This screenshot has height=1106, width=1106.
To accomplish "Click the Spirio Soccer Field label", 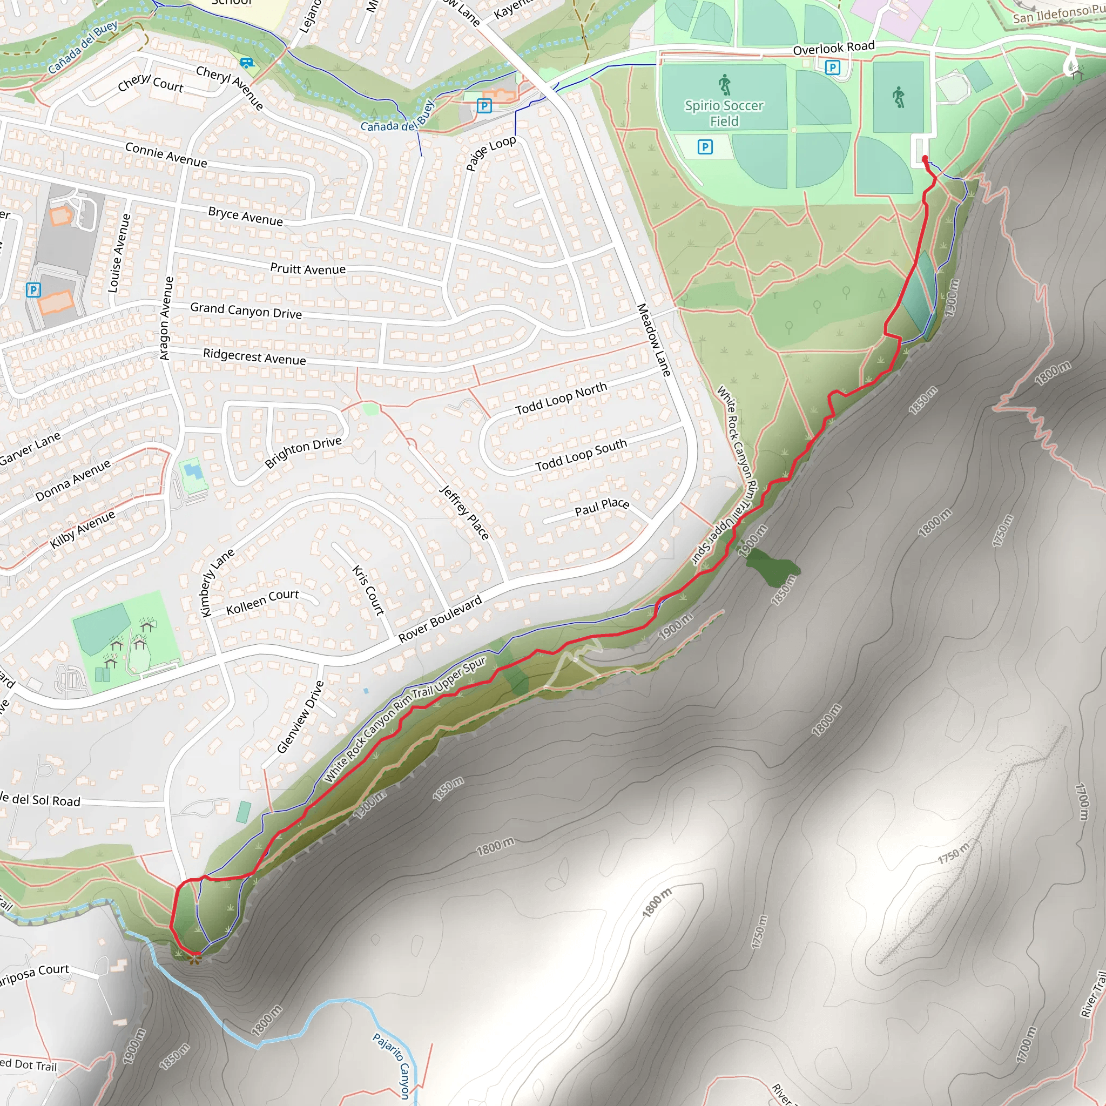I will (724, 113).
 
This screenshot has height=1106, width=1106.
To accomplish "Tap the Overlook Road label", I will (833, 48).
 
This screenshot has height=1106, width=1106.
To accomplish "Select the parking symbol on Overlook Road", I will (832, 68).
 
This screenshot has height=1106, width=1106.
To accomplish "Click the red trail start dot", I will (925, 159).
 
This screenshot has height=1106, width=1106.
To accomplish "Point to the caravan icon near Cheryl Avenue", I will (247, 63).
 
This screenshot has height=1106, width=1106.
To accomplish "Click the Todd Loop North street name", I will (561, 399).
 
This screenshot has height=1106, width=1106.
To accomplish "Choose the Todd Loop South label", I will (581, 455).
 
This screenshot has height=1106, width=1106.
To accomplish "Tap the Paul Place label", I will (602, 507).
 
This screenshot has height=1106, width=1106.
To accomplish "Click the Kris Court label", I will (368, 590).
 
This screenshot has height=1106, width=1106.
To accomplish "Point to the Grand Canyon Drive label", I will (246, 311).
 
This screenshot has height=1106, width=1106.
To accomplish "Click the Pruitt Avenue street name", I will (307, 268).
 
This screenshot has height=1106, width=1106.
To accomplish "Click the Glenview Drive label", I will (301, 717).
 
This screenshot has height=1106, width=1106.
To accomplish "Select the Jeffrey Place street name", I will (464, 512).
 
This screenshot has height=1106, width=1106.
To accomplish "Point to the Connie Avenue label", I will (166, 154).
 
